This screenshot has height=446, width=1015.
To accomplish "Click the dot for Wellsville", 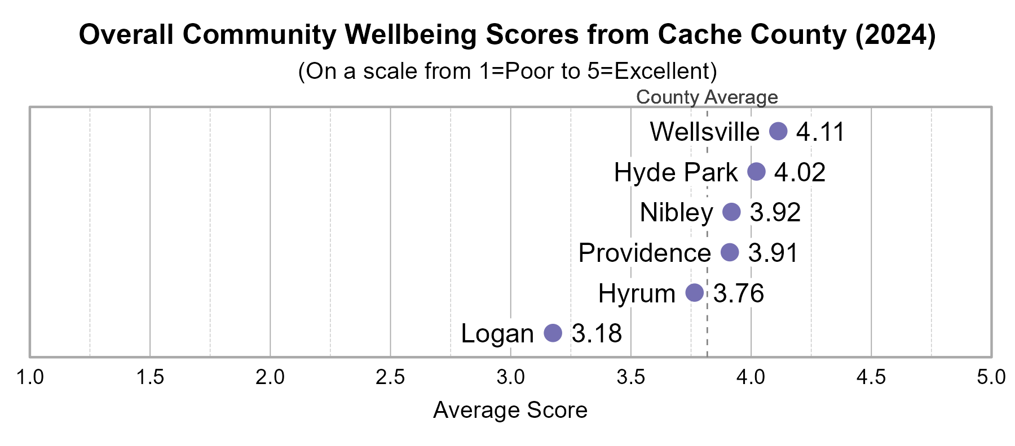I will pyautogui.click(x=778, y=132).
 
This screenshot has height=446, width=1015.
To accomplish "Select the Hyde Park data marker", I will pyautogui.click(x=756, y=172).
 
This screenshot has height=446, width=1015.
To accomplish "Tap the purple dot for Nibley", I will pyautogui.click(x=731, y=212).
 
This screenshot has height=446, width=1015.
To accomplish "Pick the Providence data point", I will pyautogui.click(x=730, y=252).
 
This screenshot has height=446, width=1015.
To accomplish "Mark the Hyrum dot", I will pyautogui.click(x=694, y=293).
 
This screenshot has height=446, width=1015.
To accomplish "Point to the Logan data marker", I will pyautogui.click(x=553, y=333).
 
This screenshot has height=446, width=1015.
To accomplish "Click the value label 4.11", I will pyautogui.click(x=820, y=132).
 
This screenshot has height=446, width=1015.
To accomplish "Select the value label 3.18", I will pyautogui.click(x=597, y=333).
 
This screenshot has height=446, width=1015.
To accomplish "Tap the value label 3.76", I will pyautogui.click(x=739, y=293).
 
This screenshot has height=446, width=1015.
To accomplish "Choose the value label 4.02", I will pyautogui.click(x=800, y=172).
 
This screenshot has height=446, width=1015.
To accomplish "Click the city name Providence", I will pyautogui.click(x=645, y=253).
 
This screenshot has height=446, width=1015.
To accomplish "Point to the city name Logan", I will pyautogui.click(x=497, y=333).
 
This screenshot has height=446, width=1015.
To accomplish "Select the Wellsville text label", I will pyautogui.click(x=704, y=132).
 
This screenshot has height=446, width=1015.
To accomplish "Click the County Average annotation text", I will pyautogui.click(x=707, y=97).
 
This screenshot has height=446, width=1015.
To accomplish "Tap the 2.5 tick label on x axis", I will pyautogui.click(x=390, y=377).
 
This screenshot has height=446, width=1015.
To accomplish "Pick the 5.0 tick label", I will pyautogui.click(x=991, y=377).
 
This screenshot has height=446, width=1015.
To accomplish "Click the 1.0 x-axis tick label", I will pyautogui.click(x=30, y=377).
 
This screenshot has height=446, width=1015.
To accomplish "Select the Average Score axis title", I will pyautogui.click(x=510, y=410).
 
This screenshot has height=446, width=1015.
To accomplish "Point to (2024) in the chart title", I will pyautogui.click(x=895, y=35).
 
